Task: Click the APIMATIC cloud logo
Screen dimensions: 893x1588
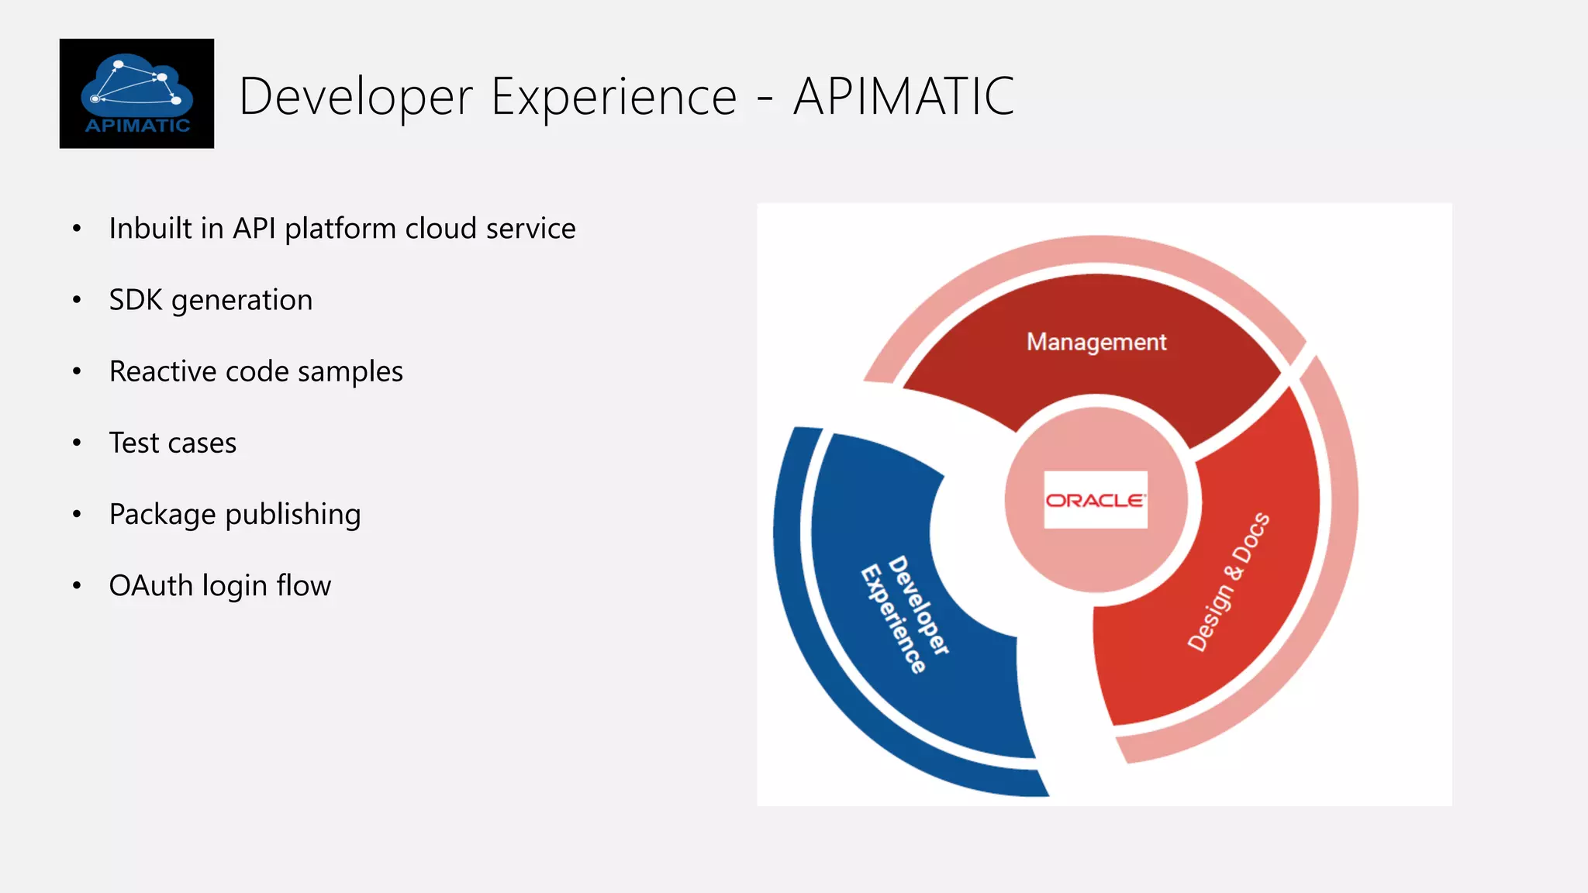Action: (x=136, y=93)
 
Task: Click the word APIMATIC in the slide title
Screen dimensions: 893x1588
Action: (x=903, y=97)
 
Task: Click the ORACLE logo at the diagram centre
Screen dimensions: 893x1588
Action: (x=1095, y=500)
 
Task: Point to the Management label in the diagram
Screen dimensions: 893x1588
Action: (x=1096, y=342)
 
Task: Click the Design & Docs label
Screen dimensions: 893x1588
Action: (x=1228, y=581)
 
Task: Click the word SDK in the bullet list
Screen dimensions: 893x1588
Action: (x=136, y=300)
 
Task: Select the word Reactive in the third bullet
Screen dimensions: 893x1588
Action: (x=162, y=371)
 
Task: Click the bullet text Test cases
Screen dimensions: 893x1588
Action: (x=172, y=443)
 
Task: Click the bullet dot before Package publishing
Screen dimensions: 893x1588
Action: (x=77, y=515)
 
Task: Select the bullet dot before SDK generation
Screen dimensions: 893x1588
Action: (x=77, y=300)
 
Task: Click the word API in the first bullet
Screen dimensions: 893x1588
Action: (x=254, y=229)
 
